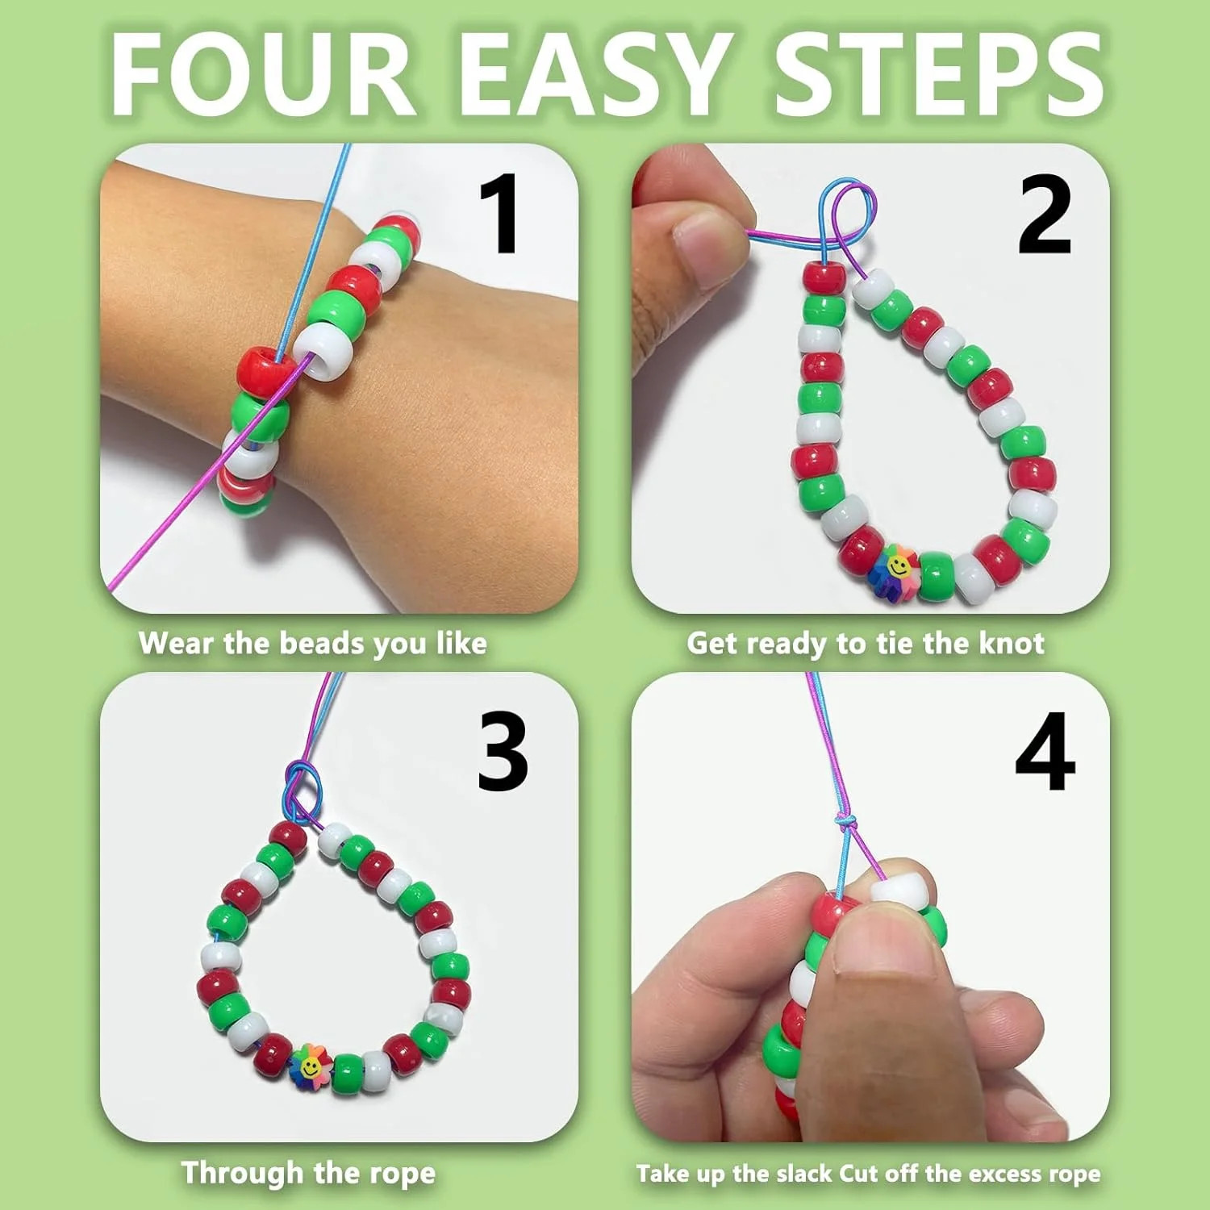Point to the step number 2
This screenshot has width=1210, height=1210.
coord(1045,215)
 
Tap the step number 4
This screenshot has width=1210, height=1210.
coord(1045,752)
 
